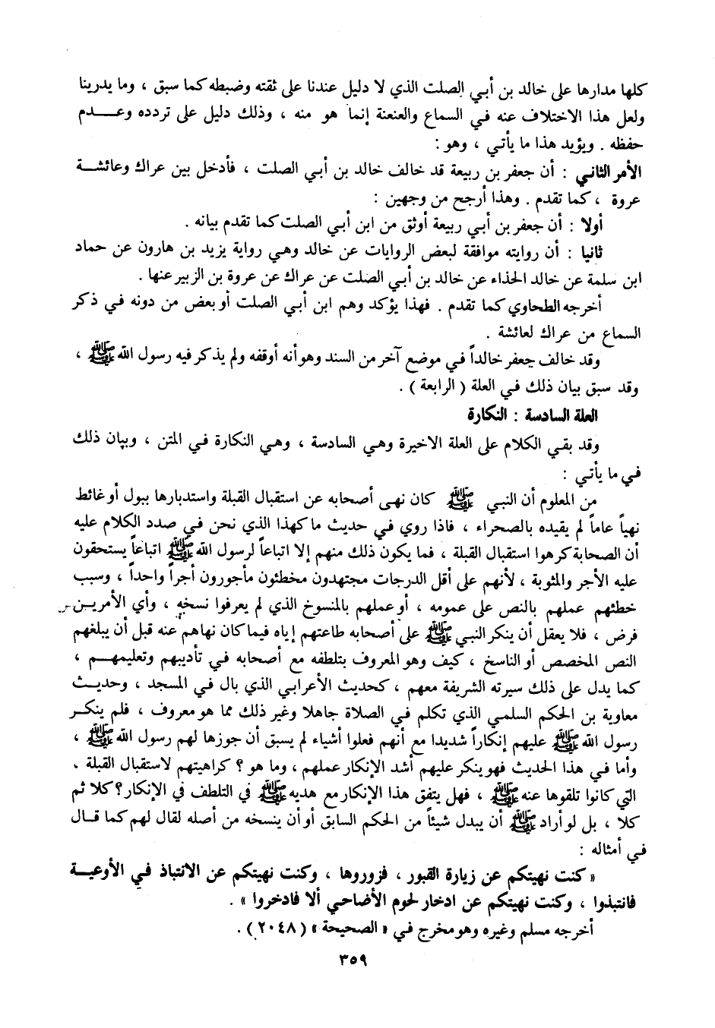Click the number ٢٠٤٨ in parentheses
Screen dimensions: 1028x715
(267, 927)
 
